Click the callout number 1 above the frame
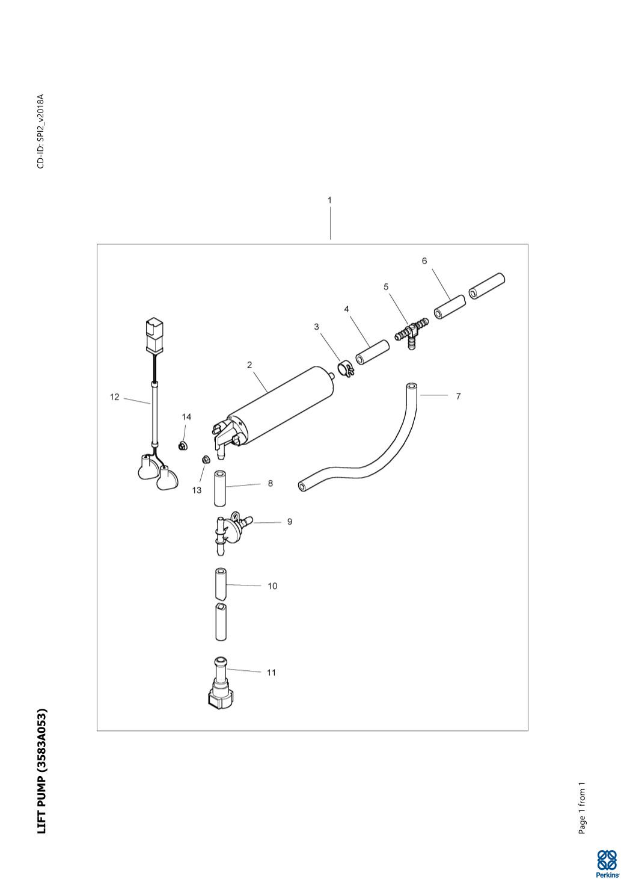point(329,200)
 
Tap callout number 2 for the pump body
point(249,365)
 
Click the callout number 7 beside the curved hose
point(458,396)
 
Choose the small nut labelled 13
point(204,460)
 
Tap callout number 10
point(272,586)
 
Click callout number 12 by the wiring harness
point(114,397)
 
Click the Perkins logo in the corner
point(606,862)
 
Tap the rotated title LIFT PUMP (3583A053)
point(41,771)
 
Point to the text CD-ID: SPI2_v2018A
point(41,131)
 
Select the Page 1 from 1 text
point(582,808)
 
